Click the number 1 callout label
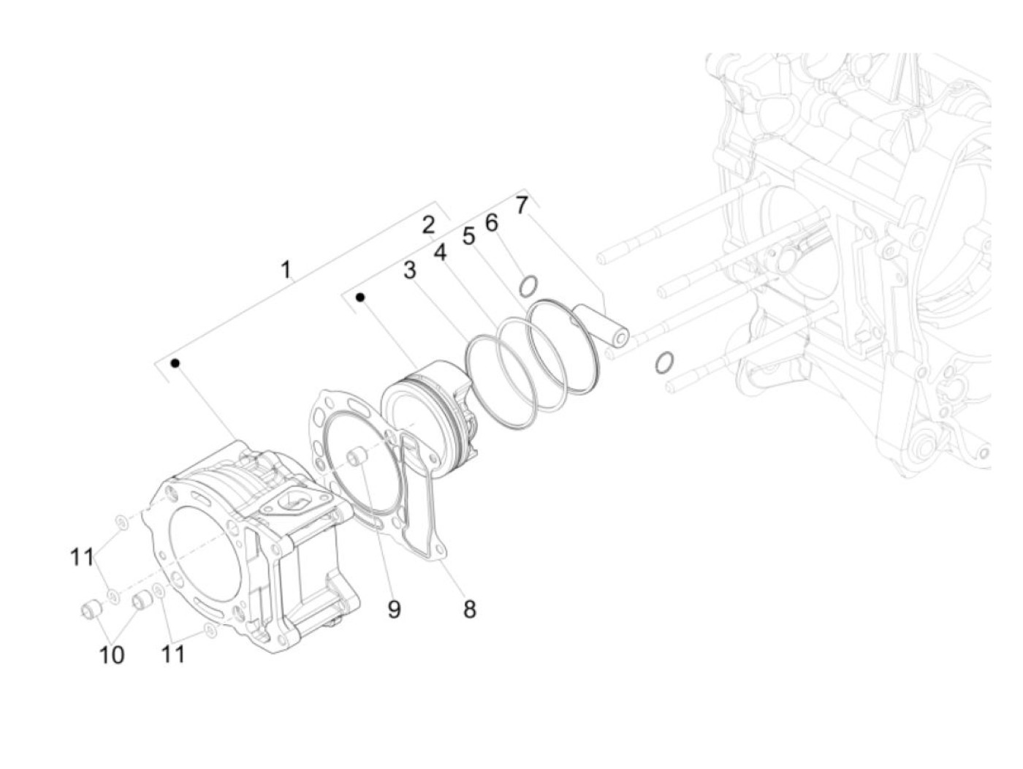(x=286, y=270)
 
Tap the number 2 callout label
(x=428, y=224)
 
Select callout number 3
(x=410, y=270)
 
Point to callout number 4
(x=440, y=252)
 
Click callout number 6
(x=492, y=222)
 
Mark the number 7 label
(x=521, y=205)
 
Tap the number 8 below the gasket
(x=469, y=607)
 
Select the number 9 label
(x=395, y=608)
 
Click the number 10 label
(x=112, y=655)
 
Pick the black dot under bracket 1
(x=175, y=363)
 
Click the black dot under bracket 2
(x=360, y=297)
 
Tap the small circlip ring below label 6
(x=530, y=285)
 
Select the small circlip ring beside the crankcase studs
(x=663, y=362)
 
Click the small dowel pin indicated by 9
(x=357, y=457)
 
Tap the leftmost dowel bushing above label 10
(x=91, y=608)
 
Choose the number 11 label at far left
(x=82, y=557)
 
